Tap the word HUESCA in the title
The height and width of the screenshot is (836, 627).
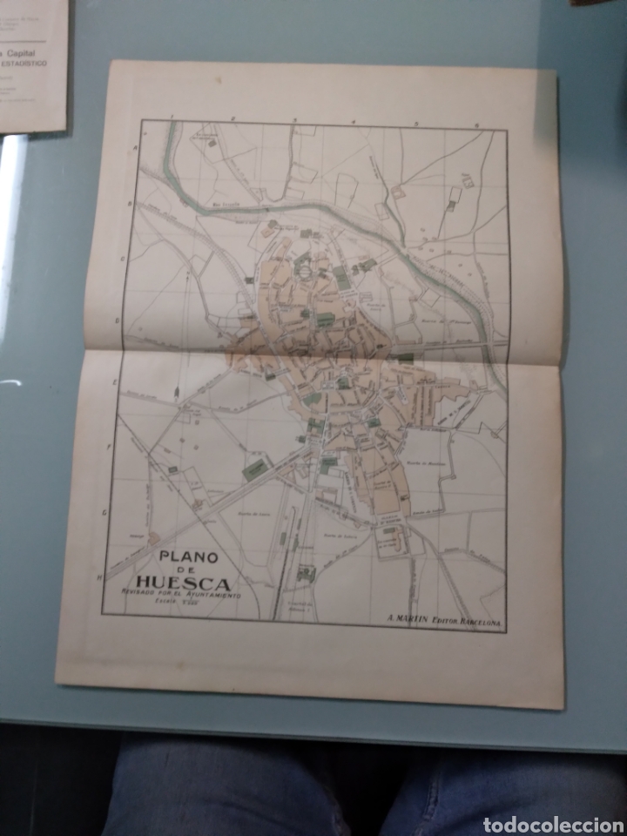click(182, 583)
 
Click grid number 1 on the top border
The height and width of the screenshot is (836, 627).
click(175, 117)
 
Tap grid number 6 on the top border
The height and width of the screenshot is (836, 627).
click(476, 125)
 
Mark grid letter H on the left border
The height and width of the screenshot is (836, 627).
click(102, 576)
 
